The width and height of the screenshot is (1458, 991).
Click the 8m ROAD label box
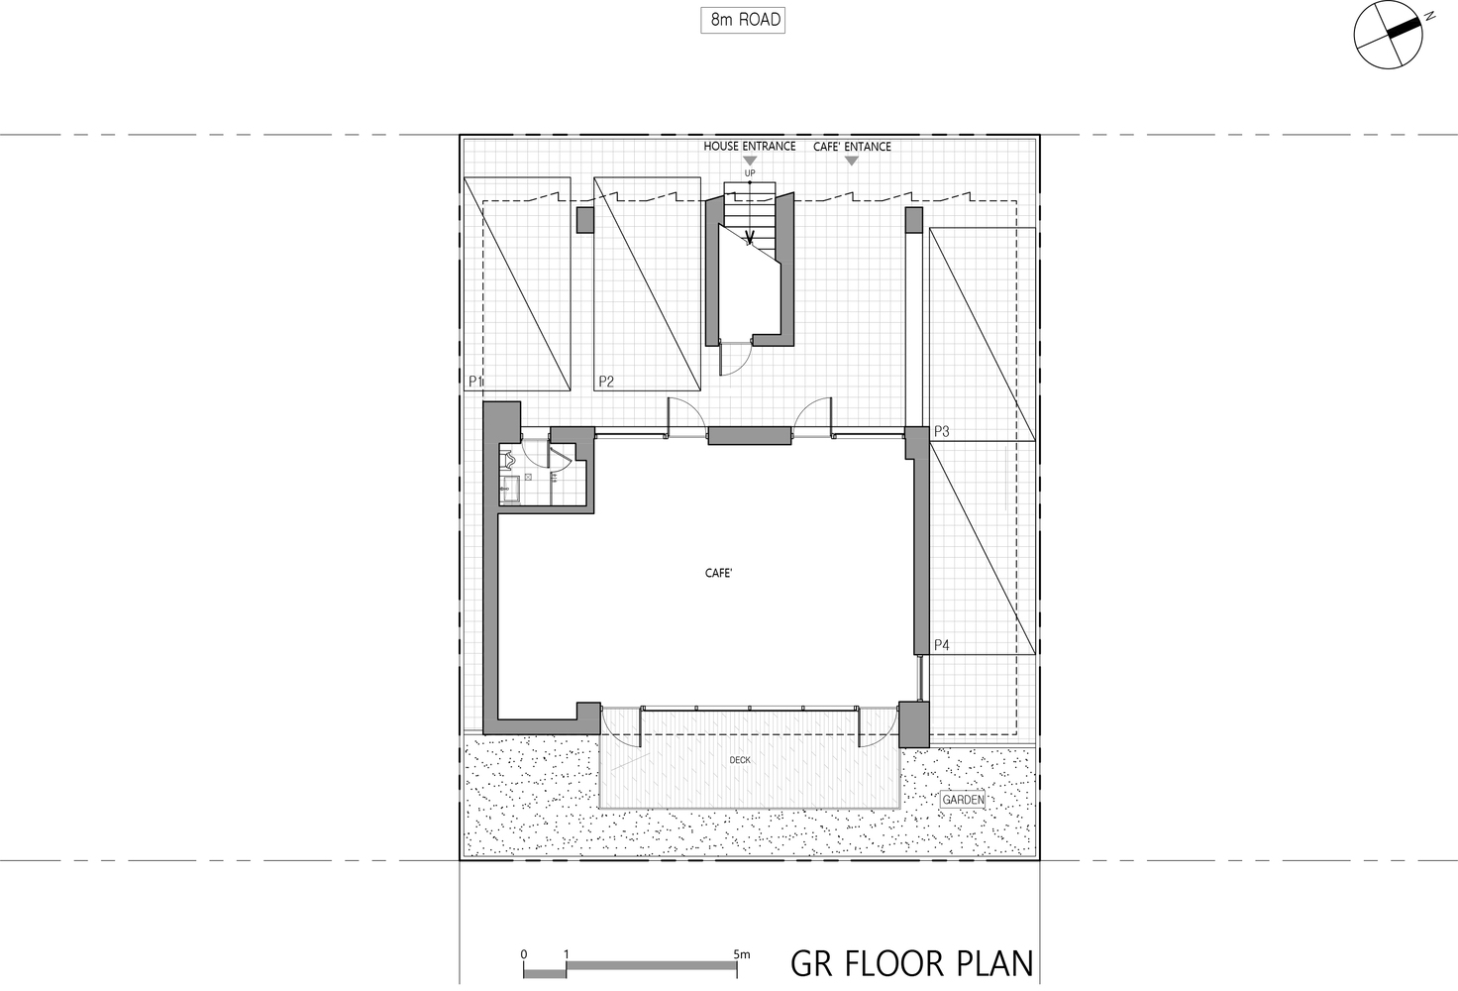743,20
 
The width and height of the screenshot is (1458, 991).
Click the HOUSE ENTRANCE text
749,147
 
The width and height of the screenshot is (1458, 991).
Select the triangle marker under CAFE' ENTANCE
852,161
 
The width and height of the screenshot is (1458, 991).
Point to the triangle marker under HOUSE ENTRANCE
750,161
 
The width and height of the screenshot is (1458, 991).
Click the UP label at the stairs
750,173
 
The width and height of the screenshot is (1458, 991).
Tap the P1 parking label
475,382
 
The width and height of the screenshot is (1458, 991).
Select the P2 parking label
606,382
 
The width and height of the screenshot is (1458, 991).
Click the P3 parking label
942,431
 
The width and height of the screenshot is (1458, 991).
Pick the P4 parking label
942,645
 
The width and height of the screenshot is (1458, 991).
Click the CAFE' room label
718,573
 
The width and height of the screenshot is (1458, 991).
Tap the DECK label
740,760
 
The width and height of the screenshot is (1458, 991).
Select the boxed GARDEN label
964,800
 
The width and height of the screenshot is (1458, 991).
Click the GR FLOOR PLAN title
911,964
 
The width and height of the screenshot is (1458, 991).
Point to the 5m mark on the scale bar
741,954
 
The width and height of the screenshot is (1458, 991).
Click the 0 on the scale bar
524,955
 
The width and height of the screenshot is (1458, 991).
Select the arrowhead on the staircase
749,239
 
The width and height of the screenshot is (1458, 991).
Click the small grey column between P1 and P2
585,220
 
